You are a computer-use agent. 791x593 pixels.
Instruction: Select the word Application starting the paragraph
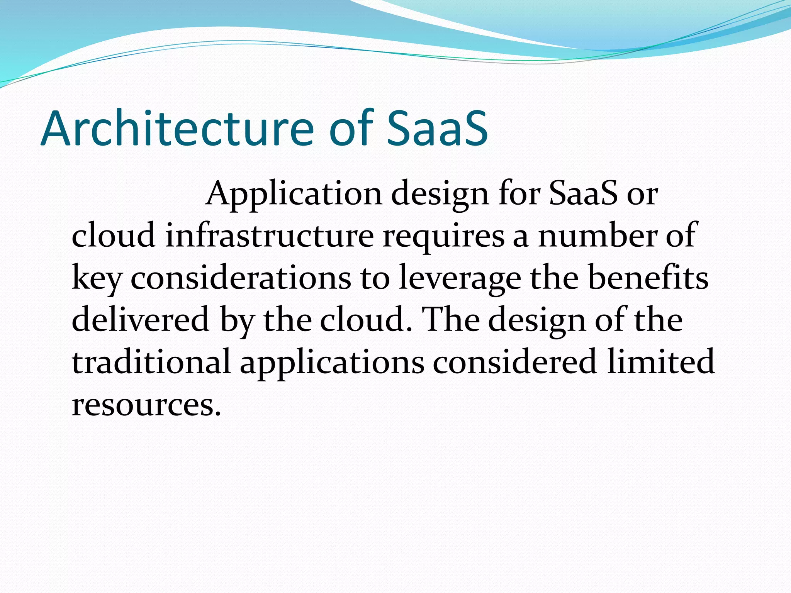294,194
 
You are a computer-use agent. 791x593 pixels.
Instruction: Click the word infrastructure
270,236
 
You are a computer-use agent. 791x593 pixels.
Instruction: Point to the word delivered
141,320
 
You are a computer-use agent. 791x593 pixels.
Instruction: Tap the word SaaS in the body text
583,194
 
